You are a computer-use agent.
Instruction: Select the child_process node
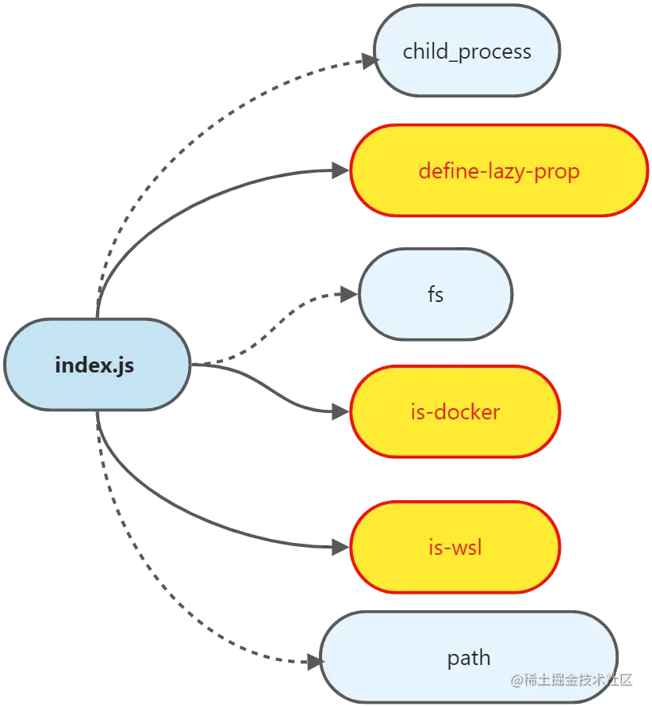(x=467, y=52)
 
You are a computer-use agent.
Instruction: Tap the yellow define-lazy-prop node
(x=499, y=170)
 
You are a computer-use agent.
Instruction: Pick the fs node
(x=435, y=295)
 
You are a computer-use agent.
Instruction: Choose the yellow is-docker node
(x=455, y=412)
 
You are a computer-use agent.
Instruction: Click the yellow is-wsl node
(x=455, y=547)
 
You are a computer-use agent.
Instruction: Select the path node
(x=468, y=658)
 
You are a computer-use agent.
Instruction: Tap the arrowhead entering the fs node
(x=349, y=295)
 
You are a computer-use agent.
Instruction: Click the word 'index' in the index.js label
(x=83, y=365)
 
